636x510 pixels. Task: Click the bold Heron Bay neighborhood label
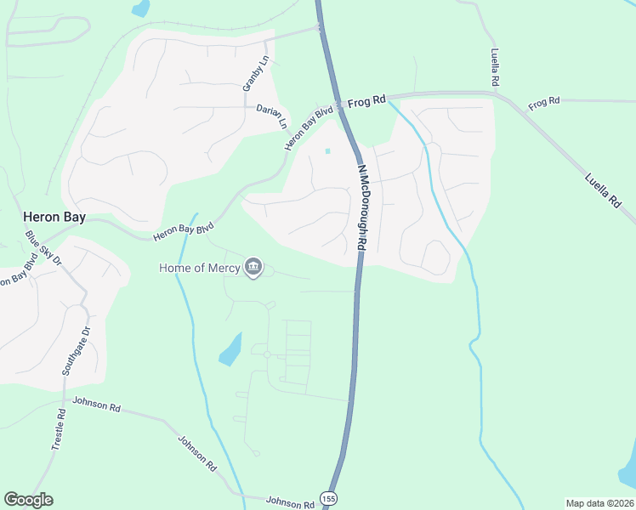(x=54, y=217)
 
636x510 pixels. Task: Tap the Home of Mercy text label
(x=200, y=268)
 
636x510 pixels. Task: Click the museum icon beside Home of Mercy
(x=253, y=268)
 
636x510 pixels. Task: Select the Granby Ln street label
(x=255, y=74)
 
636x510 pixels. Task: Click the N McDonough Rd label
(x=361, y=206)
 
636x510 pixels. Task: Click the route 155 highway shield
(x=328, y=496)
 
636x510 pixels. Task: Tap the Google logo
(x=28, y=500)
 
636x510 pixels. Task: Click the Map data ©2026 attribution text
(x=599, y=503)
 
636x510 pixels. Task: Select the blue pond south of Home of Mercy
(x=230, y=348)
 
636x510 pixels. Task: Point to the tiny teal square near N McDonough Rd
(x=327, y=152)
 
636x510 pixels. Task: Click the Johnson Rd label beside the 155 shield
(x=290, y=502)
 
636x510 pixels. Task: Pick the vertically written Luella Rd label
(x=495, y=67)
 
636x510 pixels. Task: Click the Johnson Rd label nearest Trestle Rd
(x=96, y=404)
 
